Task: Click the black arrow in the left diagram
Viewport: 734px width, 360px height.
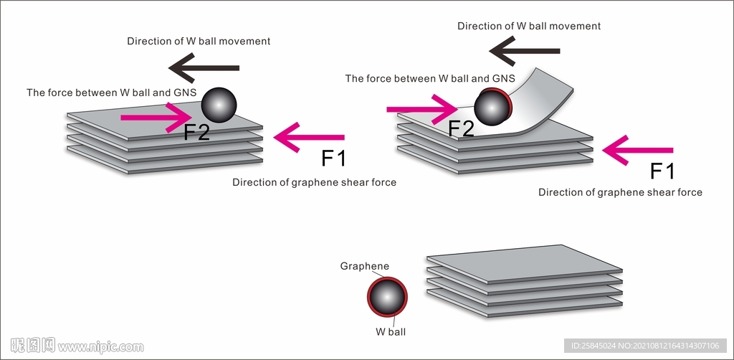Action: [204, 68]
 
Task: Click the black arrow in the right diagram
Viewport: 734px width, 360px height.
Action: [524, 51]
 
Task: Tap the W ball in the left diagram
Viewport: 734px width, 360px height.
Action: [219, 105]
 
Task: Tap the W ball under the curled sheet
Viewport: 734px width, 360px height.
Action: [492, 108]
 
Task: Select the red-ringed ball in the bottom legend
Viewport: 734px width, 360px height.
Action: [387, 297]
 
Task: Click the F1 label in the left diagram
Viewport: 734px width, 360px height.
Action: [333, 158]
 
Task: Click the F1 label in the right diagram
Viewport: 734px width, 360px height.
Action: [662, 171]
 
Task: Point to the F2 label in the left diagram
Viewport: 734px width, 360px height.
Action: [197, 132]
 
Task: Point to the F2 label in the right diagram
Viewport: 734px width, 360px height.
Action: [462, 128]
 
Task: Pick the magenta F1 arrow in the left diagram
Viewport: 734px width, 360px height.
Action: [309, 137]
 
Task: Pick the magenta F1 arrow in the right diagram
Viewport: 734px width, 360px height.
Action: [637, 150]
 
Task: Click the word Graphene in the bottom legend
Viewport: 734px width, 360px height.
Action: [365, 266]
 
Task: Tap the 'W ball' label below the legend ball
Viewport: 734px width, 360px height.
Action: [391, 332]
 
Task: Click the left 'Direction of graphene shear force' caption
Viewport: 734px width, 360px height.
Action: [314, 182]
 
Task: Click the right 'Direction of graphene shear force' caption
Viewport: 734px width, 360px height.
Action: [620, 192]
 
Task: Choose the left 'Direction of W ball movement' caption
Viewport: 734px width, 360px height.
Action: [199, 41]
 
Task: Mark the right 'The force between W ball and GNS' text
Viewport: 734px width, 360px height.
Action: [430, 78]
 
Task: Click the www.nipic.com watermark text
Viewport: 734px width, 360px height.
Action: [101, 347]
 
